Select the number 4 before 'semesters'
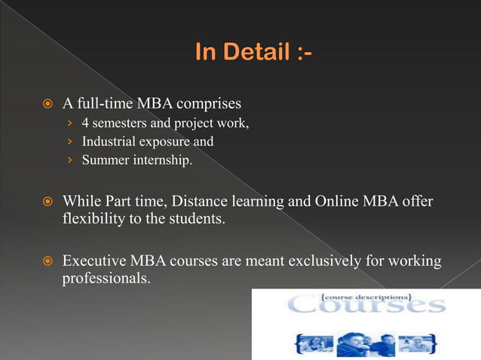coord(85,123)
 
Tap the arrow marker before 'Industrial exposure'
coord(69,142)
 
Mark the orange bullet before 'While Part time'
coord(47,203)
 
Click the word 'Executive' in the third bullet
coord(94,261)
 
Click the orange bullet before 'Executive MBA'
coord(47,262)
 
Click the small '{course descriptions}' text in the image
coord(366,296)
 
